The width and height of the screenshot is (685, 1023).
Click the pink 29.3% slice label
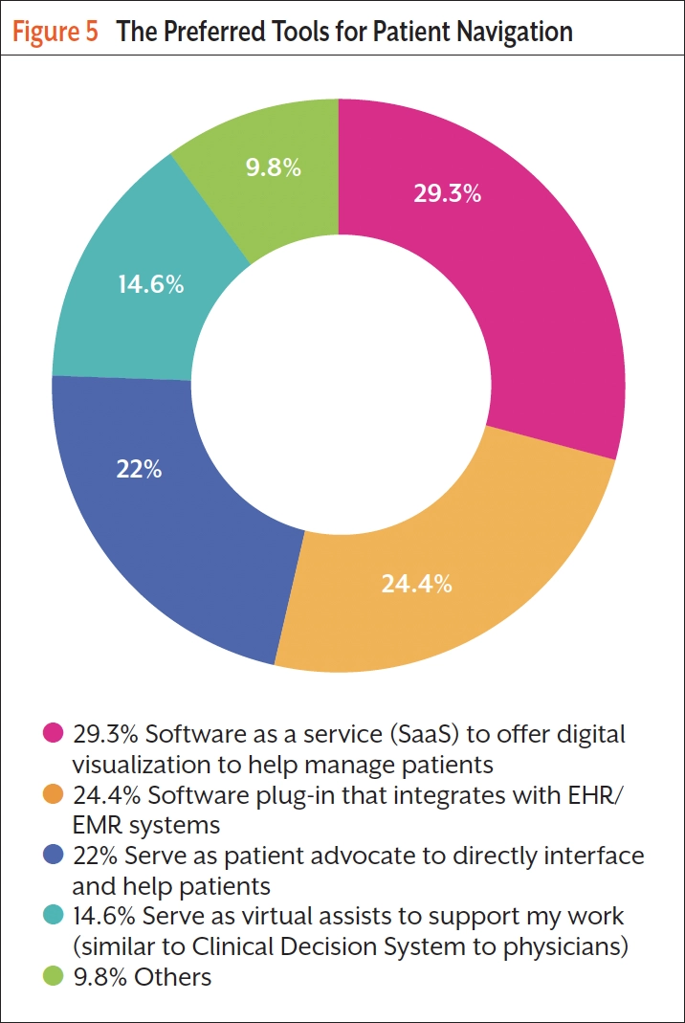(447, 193)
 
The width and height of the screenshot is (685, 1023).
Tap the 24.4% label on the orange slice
(416, 584)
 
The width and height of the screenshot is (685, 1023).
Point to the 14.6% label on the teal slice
(151, 285)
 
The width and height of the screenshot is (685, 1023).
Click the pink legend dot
(55, 734)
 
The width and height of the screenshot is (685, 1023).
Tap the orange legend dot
(55, 794)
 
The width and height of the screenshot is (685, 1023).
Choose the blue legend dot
(55, 855)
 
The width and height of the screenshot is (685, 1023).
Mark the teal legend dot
(55, 916)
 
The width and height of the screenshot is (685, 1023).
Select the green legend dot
(55, 976)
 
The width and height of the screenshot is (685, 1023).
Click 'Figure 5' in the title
(55, 33)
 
